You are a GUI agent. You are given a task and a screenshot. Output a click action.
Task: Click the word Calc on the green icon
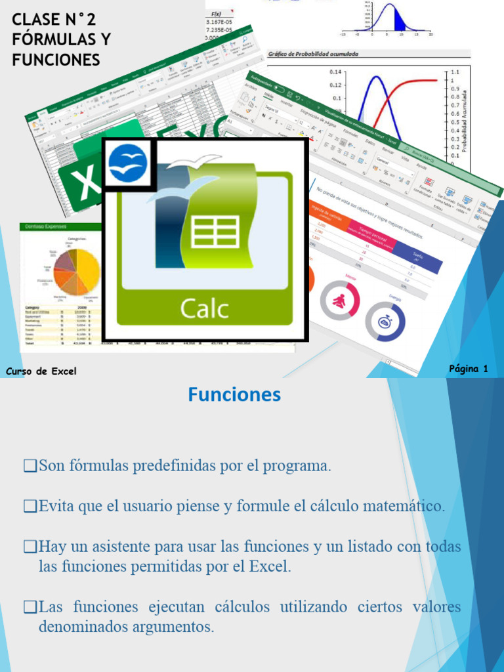204,308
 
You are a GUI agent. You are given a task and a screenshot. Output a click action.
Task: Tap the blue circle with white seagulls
127,163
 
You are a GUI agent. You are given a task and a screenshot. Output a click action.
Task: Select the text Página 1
468,369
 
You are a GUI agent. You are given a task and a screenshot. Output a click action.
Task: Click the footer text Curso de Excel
41,371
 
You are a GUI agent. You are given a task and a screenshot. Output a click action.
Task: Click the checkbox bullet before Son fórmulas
30,467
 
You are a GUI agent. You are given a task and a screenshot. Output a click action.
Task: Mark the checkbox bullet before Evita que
30,507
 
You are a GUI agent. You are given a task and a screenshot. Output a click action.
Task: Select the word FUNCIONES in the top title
56,60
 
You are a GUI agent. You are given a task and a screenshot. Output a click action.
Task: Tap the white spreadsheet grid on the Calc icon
216,232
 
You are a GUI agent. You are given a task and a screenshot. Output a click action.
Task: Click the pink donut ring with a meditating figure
340,301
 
